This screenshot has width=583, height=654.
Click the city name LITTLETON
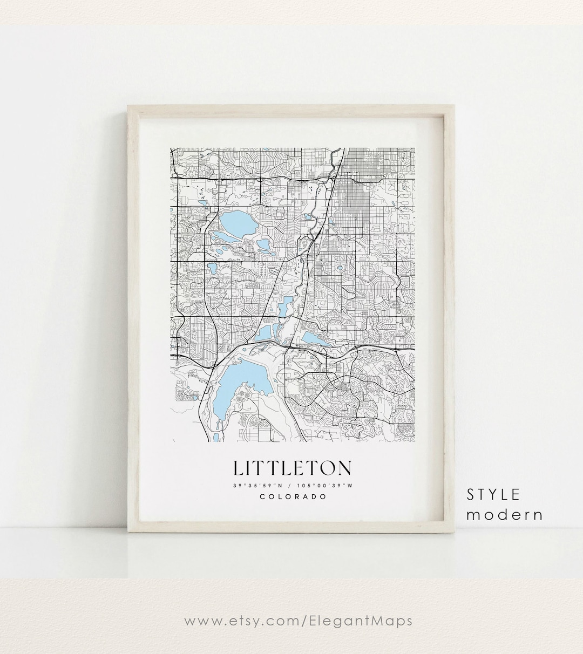tap(293, 468)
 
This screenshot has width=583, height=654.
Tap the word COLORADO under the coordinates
tap(293, 496)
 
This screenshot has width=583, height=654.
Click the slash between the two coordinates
tap(291, 485)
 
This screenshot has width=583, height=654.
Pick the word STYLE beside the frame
tap(493, 494)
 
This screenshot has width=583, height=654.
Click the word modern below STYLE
tap(505, 515)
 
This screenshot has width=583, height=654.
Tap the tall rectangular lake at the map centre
tap(286, 306)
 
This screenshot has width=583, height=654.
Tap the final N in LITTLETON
tap(344, 468)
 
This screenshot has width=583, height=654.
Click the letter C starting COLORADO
tap(262, 496)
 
